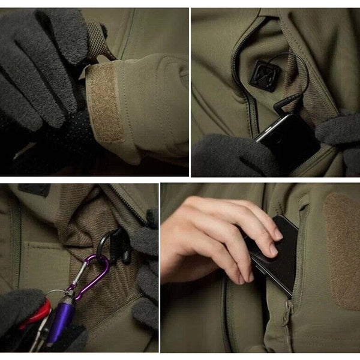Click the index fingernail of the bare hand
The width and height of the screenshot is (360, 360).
pyautogui.click(x=277, y=233)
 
